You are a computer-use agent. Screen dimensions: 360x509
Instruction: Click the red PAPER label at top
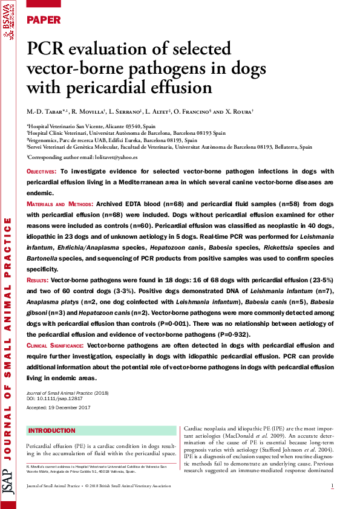point(44,20)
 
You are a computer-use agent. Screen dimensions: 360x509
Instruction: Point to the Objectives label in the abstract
point(42,172)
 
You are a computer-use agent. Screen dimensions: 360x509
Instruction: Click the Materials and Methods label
point(60,205)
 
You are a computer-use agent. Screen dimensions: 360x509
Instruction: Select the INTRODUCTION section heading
point(52,430)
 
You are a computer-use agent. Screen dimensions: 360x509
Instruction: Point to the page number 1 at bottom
point(332,486)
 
